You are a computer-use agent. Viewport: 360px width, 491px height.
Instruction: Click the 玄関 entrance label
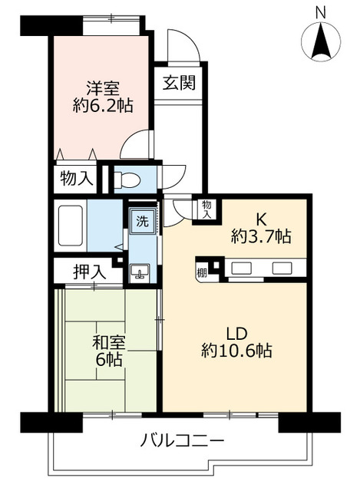[x=178, y=82]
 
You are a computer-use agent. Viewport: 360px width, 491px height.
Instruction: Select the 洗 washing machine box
[x=142, y=222]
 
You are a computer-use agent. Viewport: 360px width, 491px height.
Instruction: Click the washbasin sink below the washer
[x=140, y=272]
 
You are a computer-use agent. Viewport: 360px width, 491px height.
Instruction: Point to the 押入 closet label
[x=86, y=271]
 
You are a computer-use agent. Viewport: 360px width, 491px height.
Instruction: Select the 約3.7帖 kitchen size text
[x=261, y=237]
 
